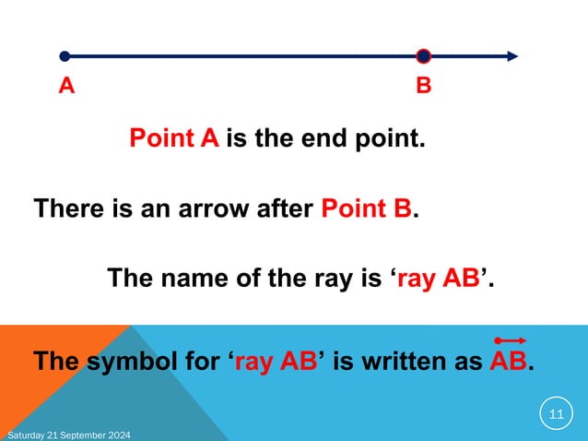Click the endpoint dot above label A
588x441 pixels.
coord(65,56)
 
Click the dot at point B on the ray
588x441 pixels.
coord(423,56)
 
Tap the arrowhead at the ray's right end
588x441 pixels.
coord(511,56)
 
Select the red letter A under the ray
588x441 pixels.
coord(65,87)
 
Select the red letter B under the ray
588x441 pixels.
coord(423,87)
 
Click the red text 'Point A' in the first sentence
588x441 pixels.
coord(173,140)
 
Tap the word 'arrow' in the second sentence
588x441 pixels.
coord(212,209)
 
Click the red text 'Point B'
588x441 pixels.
coord(366,209)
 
